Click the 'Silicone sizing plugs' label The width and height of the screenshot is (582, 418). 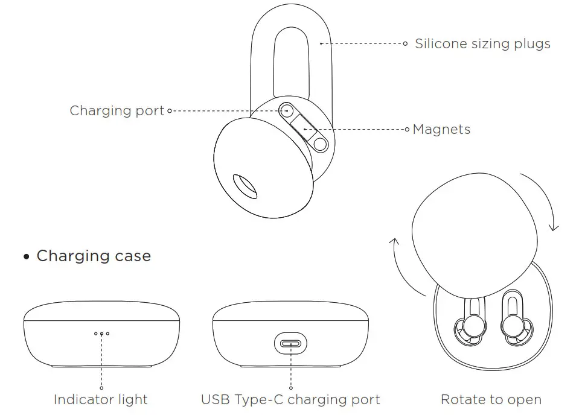click(x=482, y=44)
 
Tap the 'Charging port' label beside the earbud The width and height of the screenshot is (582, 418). click(x=117, y=111)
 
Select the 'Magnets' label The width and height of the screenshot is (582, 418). click(x=441, y=130)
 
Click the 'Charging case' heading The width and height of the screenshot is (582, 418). click(x=94, y=256)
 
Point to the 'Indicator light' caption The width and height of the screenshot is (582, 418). click(x=101, y=399)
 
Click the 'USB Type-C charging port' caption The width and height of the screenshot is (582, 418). click(x=290, y=399)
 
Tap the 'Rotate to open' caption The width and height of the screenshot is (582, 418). click(x=491, y=399)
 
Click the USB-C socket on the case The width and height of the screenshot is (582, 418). click(x=290, y=345)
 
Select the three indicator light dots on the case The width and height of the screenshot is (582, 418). click(x=101, y=333)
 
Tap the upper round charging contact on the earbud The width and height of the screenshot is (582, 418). click(x=287, y=111)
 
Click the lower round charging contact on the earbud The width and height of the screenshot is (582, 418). click(x=319, y=144)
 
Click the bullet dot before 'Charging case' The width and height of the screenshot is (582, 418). click(x=26, y=257)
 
